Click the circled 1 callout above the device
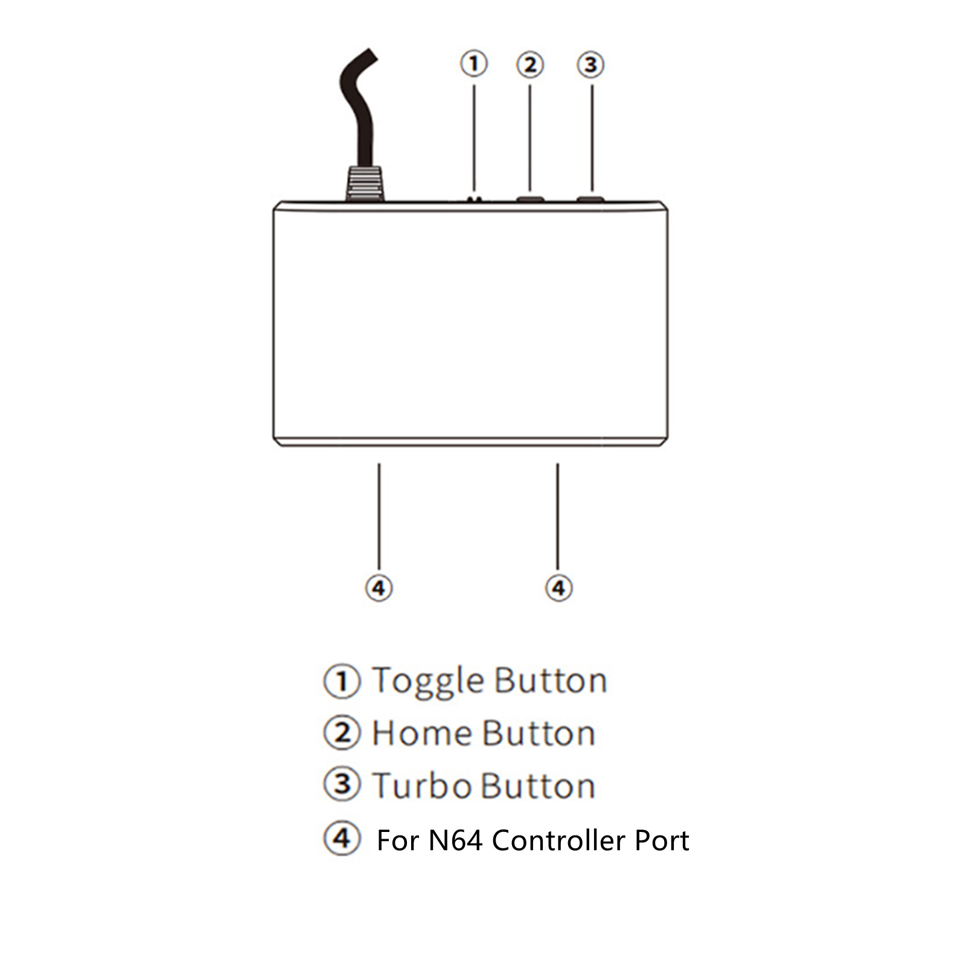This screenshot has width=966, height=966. pyautogui.click(x=474, y=63)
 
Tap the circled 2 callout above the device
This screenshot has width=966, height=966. pyautogui.click(x=530, y=65)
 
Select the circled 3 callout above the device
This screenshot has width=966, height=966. pyautogui.click(x=591, y=65)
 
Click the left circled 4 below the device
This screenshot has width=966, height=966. pyautogui.click(x=379, y=587)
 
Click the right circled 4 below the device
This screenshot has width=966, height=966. pyautogui.click(x=558, y=587)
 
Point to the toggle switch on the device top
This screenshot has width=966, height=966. pyautogui.click(x=475, y=199)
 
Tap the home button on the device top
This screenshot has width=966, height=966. pyautogui.click(x=530, y=198)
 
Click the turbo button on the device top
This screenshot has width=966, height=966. pyautogui.click(x=590, y=198)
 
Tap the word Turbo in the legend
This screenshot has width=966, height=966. pyautogui.click(x=422, y=786)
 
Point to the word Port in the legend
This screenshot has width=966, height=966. pyautogui.click(x=653, y=840)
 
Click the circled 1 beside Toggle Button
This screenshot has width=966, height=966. pyautogui.click(x=342, y=682)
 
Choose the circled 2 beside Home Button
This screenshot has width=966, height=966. pyautogui.click(x=342, y=733)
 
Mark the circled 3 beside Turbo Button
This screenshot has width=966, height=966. pyautogui.click(x=342, y=784)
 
